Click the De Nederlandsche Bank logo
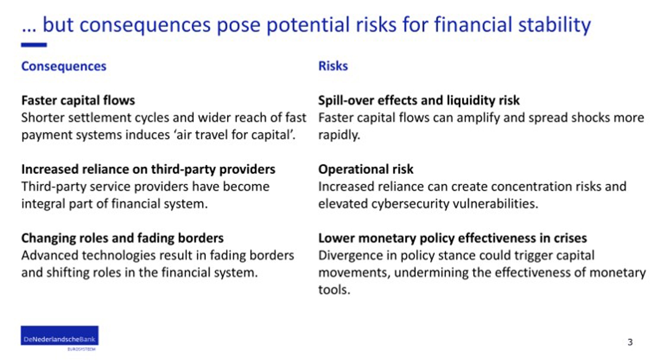(x=60, y=338)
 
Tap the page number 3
(x=630, y=342)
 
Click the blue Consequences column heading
(x=64, y=66)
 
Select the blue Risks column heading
(x=333, y=66)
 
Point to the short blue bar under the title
(x=34, y=45)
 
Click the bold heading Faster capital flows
(x=78, y=101)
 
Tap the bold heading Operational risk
(x=365, y=169)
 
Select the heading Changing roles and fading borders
(x=122, y=238)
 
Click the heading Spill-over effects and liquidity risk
(x=419, y=101)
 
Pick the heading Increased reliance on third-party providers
(x=148, y=169)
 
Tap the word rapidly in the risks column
(x=339, y=135)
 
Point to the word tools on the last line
(x=334, y=290)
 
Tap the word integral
(x=43, y=204)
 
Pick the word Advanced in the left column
(x=49, y=255)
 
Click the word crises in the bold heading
(x=570, y=238)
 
